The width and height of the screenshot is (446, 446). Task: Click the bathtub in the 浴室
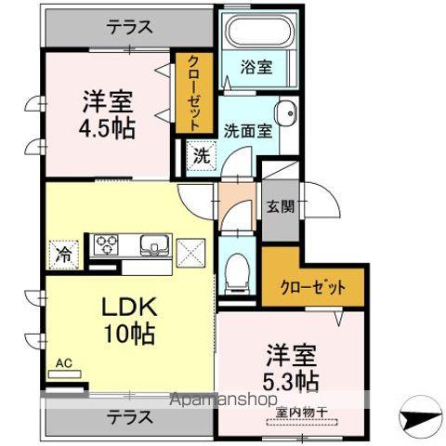pyautogui.click(x=256, y=34)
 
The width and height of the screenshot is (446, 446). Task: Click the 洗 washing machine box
pyautogui.click(x=202, y=156)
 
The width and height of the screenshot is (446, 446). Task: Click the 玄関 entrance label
pyautogui.click(x=278, y=207)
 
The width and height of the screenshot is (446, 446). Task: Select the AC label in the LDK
pyautogui.click(x=63, y=362)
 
